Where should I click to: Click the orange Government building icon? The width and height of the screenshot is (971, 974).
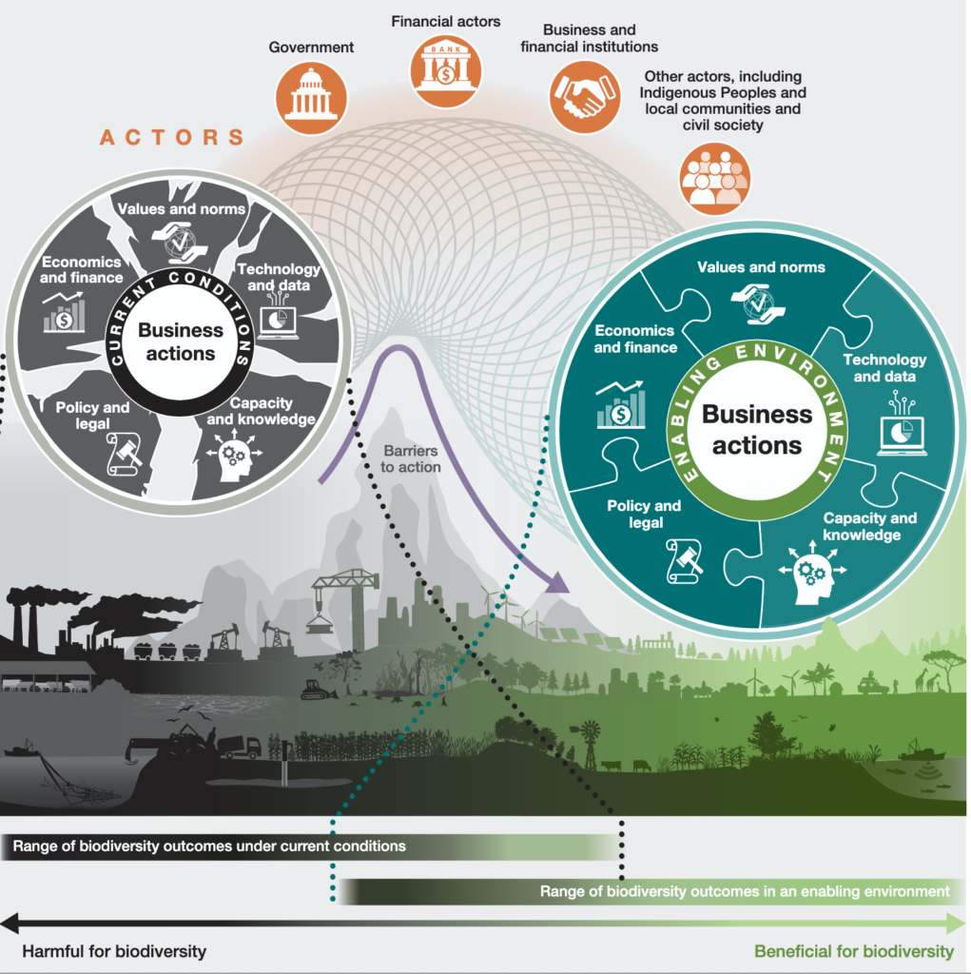pos(311,98)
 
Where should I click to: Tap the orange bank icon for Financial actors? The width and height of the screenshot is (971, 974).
pos(445,70)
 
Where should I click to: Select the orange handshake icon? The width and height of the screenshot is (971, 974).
pos(585,97)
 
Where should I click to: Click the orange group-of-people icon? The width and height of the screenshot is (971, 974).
pos(714,179)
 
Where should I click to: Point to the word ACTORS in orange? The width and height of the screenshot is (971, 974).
pos(171,137)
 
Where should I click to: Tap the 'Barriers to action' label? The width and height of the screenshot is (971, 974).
pos(410,459)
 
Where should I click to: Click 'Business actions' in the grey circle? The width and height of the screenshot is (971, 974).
pos(180,341)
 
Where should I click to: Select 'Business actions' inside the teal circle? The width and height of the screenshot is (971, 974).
pos(757,430)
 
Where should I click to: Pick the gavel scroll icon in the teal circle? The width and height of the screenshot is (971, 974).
pos(685,561)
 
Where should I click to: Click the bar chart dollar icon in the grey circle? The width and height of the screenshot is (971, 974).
pos(64,311)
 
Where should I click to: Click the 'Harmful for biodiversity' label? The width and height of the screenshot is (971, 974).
pos(114,951)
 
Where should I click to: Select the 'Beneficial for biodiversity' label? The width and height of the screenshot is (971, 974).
pos(854,951)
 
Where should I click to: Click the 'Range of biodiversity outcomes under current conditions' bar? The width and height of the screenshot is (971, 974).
pos(311,847)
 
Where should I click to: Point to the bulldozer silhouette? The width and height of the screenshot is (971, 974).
pos(318,690)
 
